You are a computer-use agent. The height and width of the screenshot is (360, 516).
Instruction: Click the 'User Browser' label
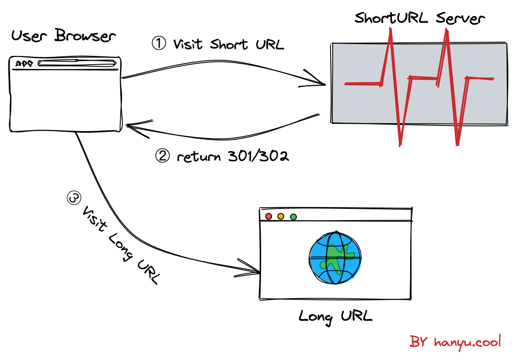(x=64, y=36)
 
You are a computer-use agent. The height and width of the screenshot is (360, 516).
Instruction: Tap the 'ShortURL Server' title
(x=419, y=19)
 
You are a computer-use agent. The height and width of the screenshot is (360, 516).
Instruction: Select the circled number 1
(x=159, y=43)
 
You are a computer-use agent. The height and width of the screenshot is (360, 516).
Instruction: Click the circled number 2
(x=163, y=156)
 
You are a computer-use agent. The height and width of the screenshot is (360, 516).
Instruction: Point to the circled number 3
(x=73, y=199)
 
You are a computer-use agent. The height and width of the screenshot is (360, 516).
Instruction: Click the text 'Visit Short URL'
(x=228, y=45)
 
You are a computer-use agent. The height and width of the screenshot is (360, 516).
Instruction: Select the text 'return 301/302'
(x=233, y=156)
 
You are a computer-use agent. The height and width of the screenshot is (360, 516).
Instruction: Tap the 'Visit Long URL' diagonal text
(x=120, y=245)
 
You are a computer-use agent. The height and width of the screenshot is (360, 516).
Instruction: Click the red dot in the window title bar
(x=268, y=217)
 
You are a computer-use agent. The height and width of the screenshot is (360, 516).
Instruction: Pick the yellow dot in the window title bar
(x=281, y=217)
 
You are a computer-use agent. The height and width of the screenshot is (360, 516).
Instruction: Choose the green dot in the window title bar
(x=293, y=217)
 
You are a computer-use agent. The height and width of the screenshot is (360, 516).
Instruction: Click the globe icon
(x=335, y=258)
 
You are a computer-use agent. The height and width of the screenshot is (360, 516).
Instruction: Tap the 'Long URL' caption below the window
(x=335, y=316)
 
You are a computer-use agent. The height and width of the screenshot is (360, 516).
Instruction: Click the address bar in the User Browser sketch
(x=77, y=64)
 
